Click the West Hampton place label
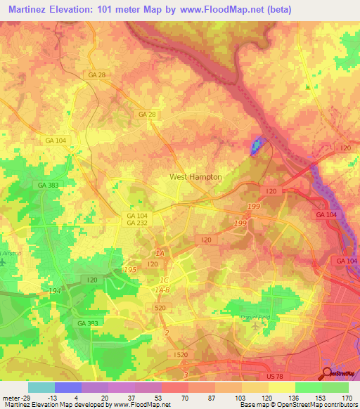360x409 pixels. point(195,177)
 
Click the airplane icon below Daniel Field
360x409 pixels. point(254,326)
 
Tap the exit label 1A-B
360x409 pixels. point(164,289)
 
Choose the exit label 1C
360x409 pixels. point(162,279)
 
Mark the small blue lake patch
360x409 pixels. point(255,145)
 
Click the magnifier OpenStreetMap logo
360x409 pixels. point(328,374)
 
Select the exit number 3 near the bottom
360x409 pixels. point(185,375)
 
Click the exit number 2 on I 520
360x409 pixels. point(167,332)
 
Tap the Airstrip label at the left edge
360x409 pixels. point(8,251)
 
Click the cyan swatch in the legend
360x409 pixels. point(41,387)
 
